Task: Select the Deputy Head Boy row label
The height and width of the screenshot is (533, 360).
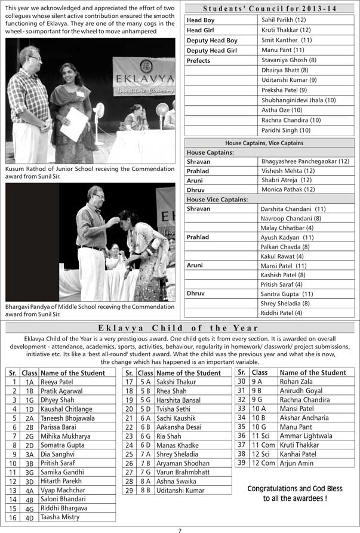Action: [212, 40]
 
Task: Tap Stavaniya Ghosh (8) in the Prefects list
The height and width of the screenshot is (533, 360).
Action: [289, 60]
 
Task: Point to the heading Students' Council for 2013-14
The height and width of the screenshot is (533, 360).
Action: [269, 8]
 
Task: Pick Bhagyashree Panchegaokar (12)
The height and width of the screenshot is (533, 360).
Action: [305, 161]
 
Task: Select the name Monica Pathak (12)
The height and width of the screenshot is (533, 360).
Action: [288, 189]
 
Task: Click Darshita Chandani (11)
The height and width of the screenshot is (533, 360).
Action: [293, 209]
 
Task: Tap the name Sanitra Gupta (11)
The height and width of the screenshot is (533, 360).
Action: [287, 293]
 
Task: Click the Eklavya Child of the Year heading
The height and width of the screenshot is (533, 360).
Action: [179, 327]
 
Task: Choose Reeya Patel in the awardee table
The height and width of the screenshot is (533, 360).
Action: [57, 382]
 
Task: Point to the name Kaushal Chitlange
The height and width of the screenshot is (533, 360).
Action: [66, 409]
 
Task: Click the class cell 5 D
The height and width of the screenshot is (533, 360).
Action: [145, 409]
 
